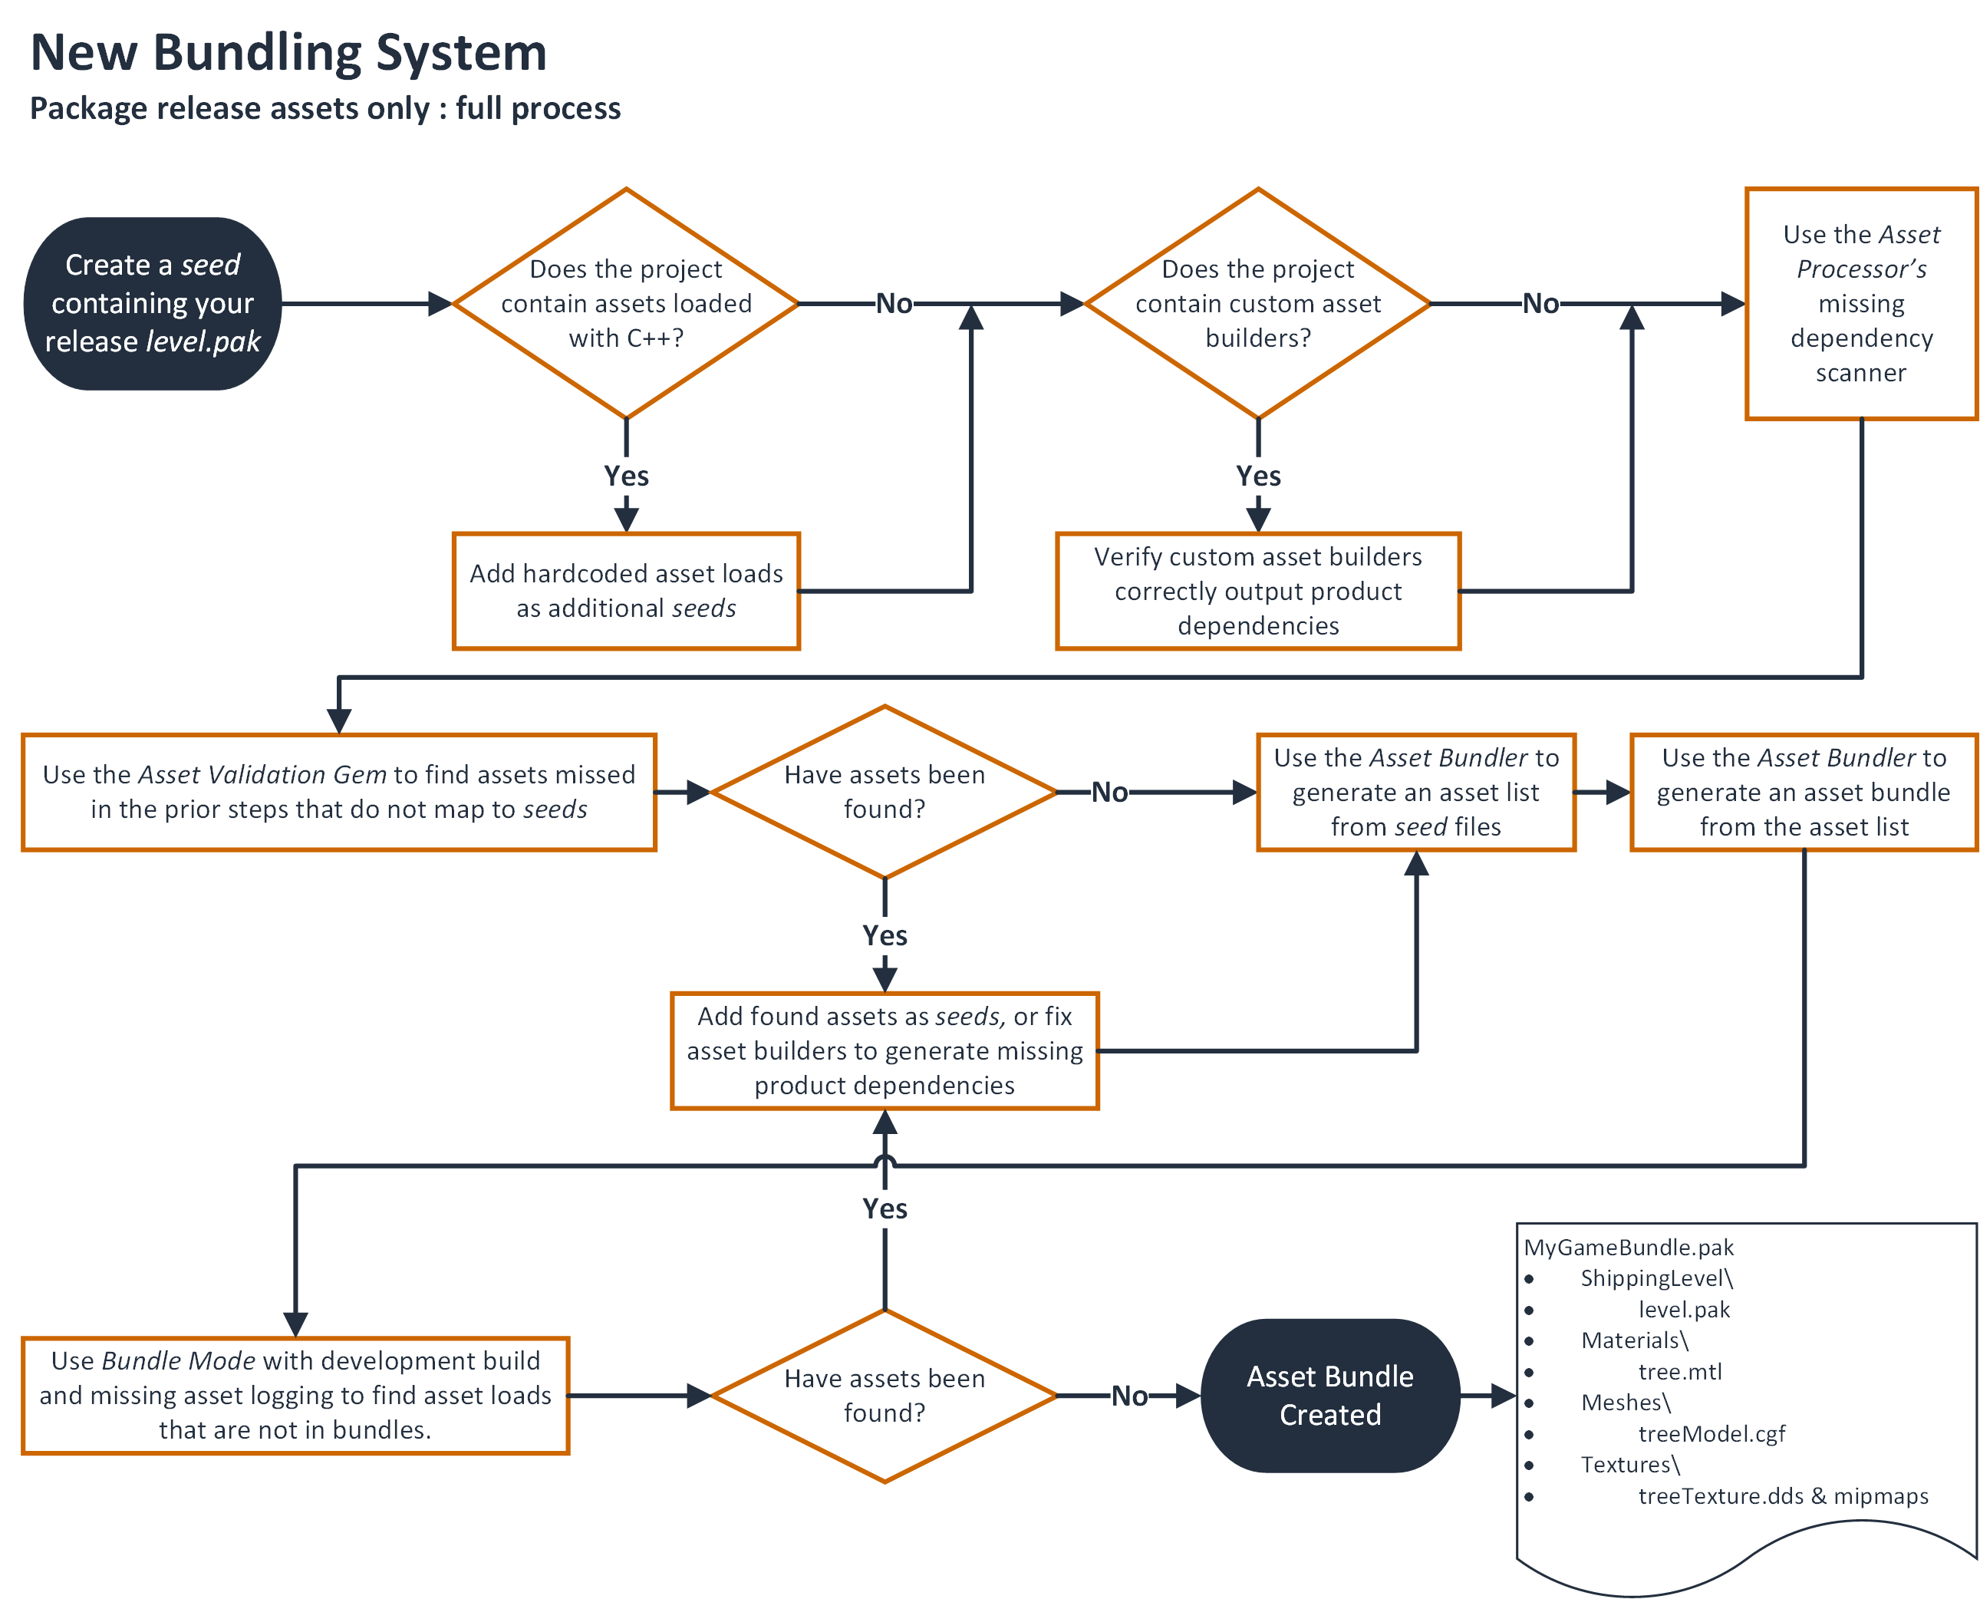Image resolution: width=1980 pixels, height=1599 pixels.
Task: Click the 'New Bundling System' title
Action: pos(288,52)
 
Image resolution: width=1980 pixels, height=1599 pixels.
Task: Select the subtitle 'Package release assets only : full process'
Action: pos(325,109)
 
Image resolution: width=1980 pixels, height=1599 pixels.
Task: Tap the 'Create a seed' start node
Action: pos(153,303)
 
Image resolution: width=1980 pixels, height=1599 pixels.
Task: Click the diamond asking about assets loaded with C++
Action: pos(626,303)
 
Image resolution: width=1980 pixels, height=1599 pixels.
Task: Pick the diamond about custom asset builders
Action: pos(1258,303)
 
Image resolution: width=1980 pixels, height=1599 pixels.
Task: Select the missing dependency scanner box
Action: pos(1860,303)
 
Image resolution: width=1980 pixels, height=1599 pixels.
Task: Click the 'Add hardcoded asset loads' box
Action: pos(626,590)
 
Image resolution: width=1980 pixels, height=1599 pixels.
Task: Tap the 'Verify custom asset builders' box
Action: pos(1258,590)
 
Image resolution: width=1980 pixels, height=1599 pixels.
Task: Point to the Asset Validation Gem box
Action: pos(339,792)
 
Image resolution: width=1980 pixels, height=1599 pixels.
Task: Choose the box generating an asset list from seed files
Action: pos(1415,792)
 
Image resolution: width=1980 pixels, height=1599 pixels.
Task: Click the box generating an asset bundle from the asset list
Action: pos(1804,792)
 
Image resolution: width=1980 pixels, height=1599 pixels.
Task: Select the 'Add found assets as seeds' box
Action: pos(884,1051)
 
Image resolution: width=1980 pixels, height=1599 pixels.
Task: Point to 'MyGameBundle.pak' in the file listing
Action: pos(1628,1247)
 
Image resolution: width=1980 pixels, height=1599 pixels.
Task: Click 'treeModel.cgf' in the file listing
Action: pos(1711,1433)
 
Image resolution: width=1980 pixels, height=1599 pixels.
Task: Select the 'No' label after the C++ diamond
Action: pos(893,303)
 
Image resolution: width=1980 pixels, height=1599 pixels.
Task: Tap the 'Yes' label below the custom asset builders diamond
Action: pos(1258,476)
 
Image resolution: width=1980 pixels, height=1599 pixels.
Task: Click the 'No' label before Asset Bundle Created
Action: pos(1129,1396)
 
